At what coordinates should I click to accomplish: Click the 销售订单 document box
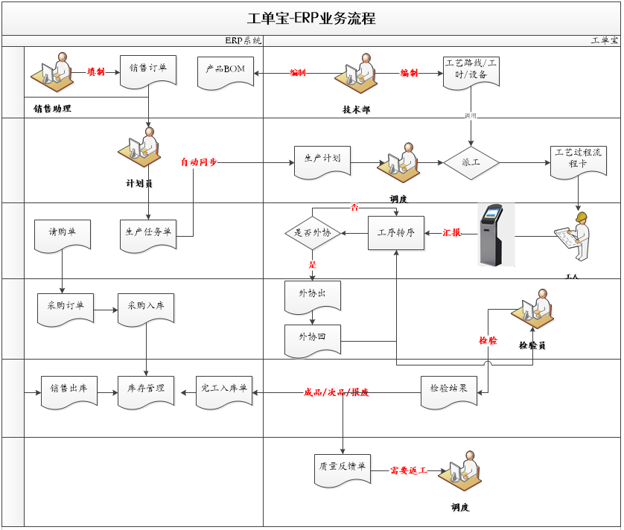pos(147,70)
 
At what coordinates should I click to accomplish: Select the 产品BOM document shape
pos(226,71)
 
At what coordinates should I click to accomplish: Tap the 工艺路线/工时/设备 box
pos(471,71)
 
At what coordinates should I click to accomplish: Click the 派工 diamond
pos(471,162)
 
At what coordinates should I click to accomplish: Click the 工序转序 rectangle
pos(395,233)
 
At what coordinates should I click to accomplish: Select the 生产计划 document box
pos(322,160)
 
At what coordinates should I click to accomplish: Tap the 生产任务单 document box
pos(147,232)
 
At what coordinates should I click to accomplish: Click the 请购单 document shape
pos(63,232)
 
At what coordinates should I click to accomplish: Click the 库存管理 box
pos(146,389)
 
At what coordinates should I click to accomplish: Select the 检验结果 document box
pos(448,389)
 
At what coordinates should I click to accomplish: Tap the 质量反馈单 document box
pos(342,468)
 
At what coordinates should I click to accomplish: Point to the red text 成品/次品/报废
pos(336,392)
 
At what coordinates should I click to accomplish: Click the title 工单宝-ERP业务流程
pos(311,19)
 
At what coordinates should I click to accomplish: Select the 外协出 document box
pos(312,295)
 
